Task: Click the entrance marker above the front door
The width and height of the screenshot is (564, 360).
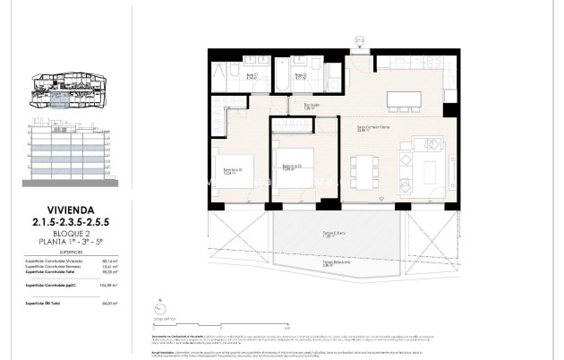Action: click(x=360, y=40)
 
